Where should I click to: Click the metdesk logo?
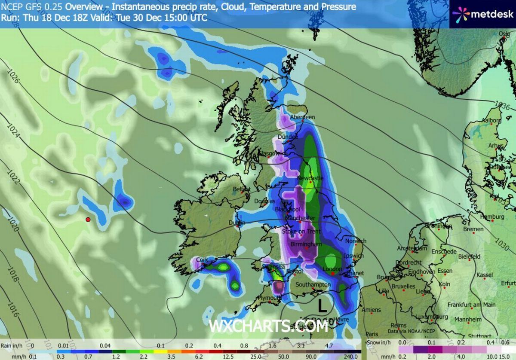482,14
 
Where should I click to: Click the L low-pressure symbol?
321,306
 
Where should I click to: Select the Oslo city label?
504,34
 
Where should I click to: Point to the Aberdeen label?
303,117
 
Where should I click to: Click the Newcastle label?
310,178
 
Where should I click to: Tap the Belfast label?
241,189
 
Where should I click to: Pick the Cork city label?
202,260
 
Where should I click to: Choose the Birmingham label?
306,244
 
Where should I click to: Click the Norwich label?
356,241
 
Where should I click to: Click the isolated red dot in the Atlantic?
88,220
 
